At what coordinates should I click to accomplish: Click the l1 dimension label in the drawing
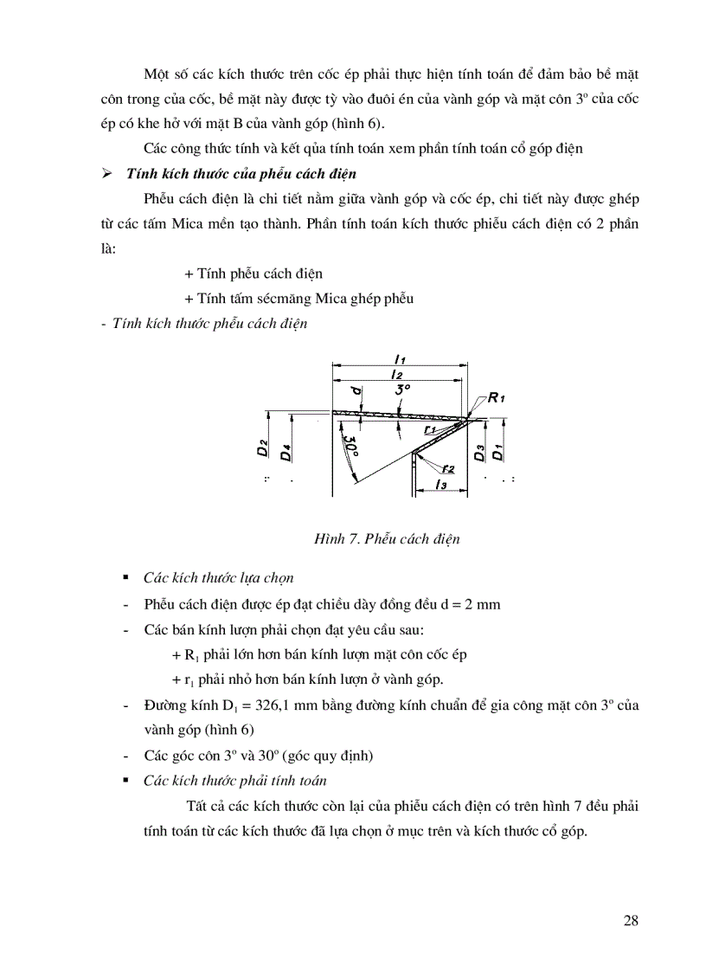point(400,357)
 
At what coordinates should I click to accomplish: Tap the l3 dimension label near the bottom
point(440,485)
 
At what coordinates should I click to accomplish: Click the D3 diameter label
point(479,451)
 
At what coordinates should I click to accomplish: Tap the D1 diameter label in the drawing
point(497,451)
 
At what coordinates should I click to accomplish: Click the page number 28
point(631,920)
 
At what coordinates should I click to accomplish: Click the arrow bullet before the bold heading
point(107,174)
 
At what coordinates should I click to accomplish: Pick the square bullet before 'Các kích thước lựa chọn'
point(126,576)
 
